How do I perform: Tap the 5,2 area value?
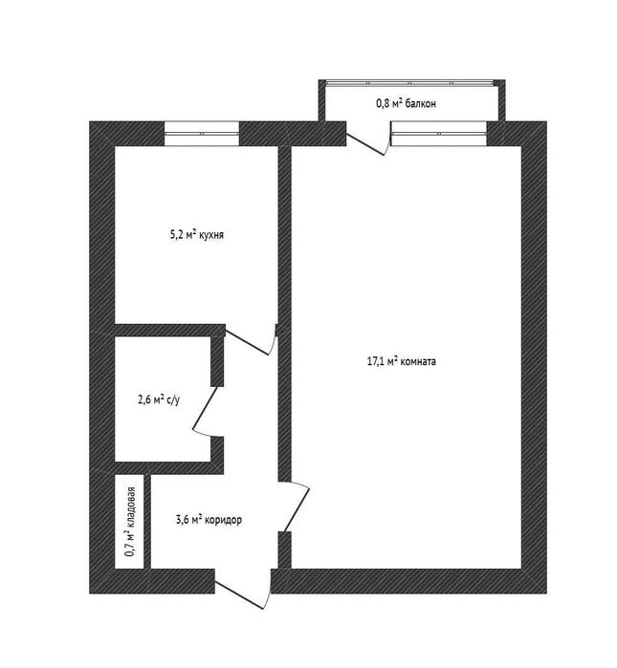pos(176,235)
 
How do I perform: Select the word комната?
pos(418,361)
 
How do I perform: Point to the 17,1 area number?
pos(375,361)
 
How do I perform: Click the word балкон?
pos(421,103)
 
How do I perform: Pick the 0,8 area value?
pos(382,103)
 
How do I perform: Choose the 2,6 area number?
pos(144,400)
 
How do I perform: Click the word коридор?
pos(224,520)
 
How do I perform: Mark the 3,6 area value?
pos(182,520)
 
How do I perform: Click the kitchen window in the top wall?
pos(202,134)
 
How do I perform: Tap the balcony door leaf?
pos(366,144)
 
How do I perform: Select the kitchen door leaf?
pos(247,342)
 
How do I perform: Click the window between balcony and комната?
pos(439,134)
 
